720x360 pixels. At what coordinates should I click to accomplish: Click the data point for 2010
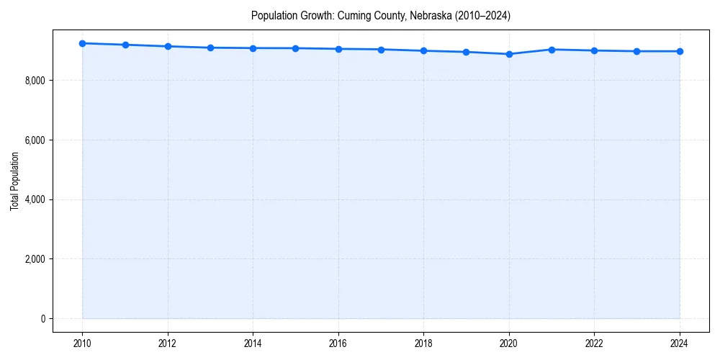coord(83,43)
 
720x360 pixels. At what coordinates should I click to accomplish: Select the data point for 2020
coord(509,54)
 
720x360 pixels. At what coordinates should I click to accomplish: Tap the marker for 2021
coord(552,50)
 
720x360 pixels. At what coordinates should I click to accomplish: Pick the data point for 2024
coord(680,51)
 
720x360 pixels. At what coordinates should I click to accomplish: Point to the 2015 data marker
coord(296,48)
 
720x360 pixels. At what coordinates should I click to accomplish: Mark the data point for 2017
coord(381,50)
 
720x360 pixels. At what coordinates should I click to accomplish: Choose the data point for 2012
coord(168,46)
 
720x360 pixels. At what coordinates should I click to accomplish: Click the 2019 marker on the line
coord(467,52)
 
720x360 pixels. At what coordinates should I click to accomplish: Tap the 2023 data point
coord(637,51)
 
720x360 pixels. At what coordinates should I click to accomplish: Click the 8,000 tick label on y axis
coord(35,81)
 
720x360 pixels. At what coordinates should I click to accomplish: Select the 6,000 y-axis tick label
coord(35,140)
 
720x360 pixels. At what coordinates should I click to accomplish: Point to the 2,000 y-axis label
coord(35,259)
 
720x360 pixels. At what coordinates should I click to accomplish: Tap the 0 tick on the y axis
coord(42,319)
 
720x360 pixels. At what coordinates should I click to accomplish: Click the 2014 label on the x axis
coord(253,343)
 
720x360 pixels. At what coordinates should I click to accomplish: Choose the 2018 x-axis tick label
coord(423,343)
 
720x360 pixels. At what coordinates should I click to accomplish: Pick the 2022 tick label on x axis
coord(594,343)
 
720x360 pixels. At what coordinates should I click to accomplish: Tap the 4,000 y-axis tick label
coord(35,199)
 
